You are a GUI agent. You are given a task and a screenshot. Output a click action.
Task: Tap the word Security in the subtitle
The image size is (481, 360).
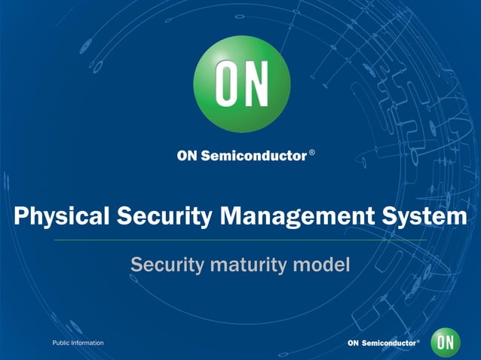[x=162, y=265]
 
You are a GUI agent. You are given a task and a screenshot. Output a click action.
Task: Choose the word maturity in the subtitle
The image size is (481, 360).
[x=246, y=265]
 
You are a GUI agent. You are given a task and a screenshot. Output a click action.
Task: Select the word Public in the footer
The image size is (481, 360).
[x=60, y=343]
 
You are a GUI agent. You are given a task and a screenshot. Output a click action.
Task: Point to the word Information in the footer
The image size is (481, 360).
[x=87, y=343]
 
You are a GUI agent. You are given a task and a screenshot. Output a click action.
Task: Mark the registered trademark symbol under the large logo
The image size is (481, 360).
[x=312, y=154]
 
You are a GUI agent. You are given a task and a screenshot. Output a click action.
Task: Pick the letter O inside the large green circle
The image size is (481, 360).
[x=227, y=84]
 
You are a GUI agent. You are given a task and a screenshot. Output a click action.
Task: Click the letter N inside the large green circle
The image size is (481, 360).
[x=256, y=84]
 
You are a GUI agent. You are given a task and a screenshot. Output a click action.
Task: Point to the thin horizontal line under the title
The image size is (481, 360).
[x=240, y=239]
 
